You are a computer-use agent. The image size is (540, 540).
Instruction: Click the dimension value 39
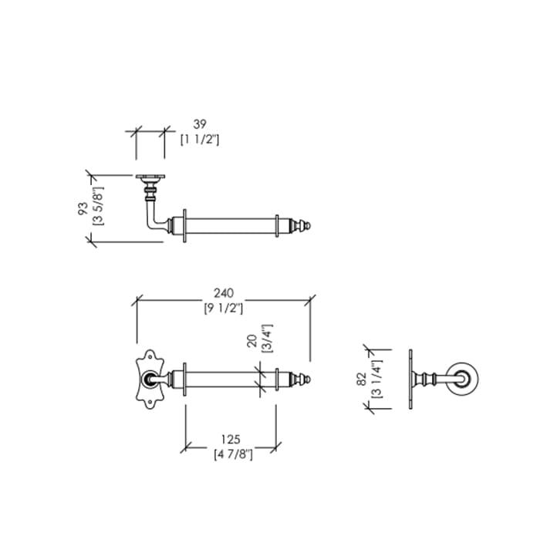[200, 124]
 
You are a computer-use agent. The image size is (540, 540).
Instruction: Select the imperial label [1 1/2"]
[200, 140]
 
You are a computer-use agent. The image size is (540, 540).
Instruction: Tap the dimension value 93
[83, 208]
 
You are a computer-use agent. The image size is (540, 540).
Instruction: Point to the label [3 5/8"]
[99, 206]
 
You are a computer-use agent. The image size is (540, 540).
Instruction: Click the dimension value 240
[224, 293]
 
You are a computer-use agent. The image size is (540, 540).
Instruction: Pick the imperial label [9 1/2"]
[224, 309]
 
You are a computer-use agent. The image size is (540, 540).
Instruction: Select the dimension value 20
[253, 341]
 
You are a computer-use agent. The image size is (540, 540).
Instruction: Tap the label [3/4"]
[268, 339]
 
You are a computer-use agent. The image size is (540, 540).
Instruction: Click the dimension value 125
[231, 440]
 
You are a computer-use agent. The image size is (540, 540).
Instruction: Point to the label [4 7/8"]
[233, 454]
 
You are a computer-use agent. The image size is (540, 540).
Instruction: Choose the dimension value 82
[362, 380]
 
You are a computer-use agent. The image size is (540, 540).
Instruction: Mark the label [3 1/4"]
[377, 379]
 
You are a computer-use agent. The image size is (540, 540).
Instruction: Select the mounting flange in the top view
[150, 177]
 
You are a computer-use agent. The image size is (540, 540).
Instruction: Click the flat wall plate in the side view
[411, 380]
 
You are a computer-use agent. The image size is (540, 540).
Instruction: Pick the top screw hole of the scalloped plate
[150, 357]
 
